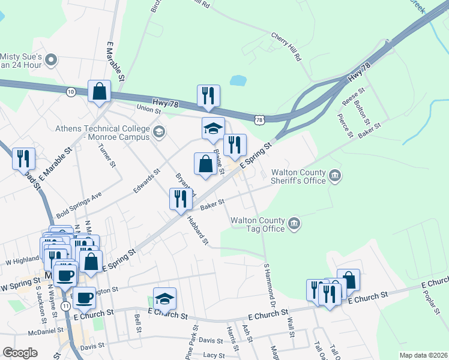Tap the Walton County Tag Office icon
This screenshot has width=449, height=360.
tap(294, 224)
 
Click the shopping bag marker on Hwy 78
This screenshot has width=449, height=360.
tap(100, 91)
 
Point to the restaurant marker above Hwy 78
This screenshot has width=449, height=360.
tap(208, 95)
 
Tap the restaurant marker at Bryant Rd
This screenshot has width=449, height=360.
tap(181, 199)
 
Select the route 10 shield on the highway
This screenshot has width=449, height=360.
tap(71, 91)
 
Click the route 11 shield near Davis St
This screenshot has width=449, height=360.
tap(65, 307)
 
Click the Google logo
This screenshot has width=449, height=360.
tap(20, 353)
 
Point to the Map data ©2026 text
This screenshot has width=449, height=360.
tap(423, 355)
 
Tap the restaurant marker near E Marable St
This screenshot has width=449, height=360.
tap(23, 158)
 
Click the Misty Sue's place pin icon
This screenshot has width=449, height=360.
tap(51, 59)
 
